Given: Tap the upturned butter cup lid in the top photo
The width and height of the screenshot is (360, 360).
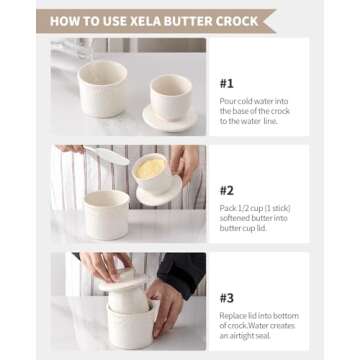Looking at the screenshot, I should (x=170, y=100).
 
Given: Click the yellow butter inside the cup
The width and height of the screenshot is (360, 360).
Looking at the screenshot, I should (x=149, y=169).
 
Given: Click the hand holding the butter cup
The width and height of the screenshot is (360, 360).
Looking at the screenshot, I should (x=184, y=166).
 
